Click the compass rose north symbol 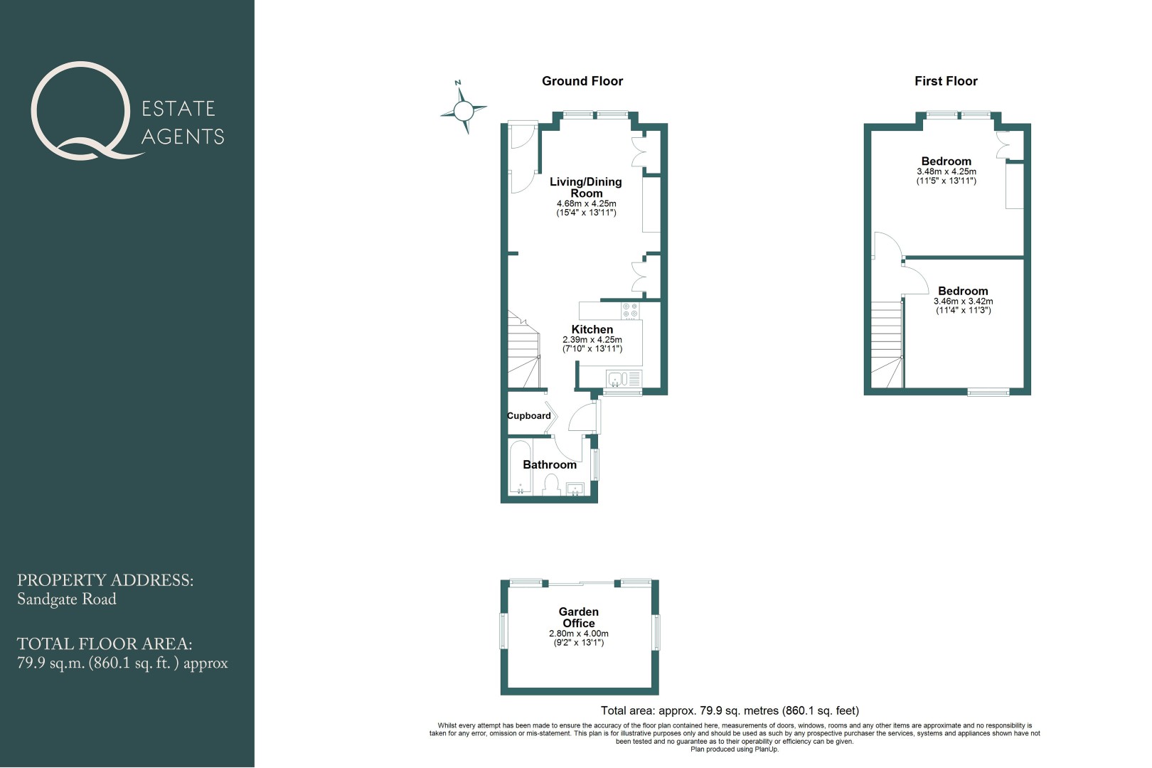[x=464, y=110]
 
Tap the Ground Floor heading [x=582, y=81]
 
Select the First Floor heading [x=946, y=81]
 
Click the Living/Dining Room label [x=586, y=187]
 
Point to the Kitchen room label [x=592, y=329]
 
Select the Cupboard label [x=528, y=415]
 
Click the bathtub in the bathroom [x=519, y=467]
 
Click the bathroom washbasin [x=575, y=489]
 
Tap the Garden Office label [x=579, y=617]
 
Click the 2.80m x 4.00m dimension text [x=579, y=634]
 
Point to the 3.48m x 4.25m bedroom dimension [x=946, y=172]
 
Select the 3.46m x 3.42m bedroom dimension [x=964, y=302]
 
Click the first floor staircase [x=887, y=344]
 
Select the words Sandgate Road [x=67, y=599]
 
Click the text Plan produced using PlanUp [x=735, y=750]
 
